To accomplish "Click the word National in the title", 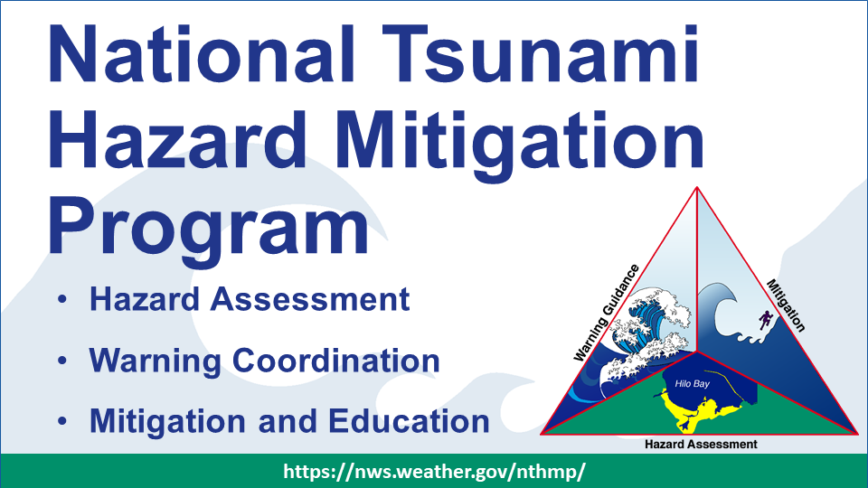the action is tap(202, 53).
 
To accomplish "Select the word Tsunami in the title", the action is tap(541, 53).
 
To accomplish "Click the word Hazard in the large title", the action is tap(178, 138).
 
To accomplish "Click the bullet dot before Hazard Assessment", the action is tap(62, 299).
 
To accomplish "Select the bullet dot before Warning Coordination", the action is tap(62, 361).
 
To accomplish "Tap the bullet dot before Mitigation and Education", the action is tap(62, 421).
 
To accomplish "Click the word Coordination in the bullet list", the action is tap(336, 361).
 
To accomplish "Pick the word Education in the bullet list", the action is tap(409, 421).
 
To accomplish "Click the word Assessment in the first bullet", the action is tap(310, 299).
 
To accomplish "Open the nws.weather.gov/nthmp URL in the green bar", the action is tap(434, 472).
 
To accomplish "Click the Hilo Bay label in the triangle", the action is tap(692, 383).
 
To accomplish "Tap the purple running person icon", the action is tap(766, 319).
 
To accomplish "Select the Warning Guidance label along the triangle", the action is tap(606, 314).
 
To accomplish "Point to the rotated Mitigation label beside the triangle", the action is tap(786, 305).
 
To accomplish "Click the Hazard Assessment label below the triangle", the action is tap(701, 445).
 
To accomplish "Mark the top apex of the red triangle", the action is tap(697, 188).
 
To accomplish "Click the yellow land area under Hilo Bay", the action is tap(696, 410).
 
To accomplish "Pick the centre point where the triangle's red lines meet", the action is tap(696, 351).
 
